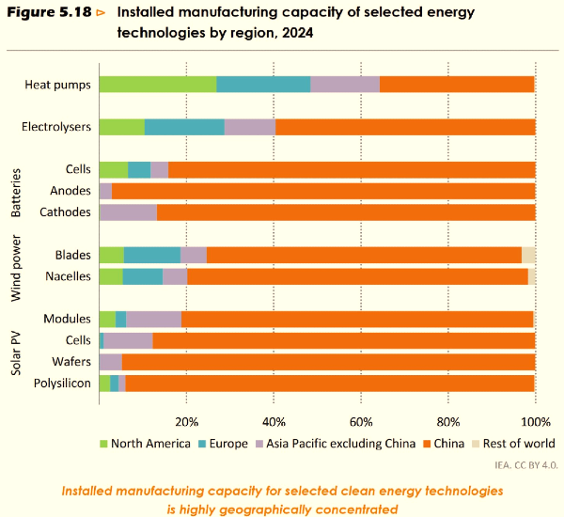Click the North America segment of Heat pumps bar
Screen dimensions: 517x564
tap(157, 84)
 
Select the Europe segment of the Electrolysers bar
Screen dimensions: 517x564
tap(184, 127)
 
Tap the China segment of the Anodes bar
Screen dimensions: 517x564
tap(323, 191)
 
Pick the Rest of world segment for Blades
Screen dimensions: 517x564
tap(528, 255)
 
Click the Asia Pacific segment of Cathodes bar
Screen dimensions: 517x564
tap(129, 212)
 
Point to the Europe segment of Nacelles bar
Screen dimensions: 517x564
tap(143, 276)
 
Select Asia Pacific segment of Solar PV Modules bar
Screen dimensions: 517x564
tap(153, 320)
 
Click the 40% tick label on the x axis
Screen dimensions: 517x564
tap(274, 420)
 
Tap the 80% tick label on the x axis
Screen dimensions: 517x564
tap(448, 420)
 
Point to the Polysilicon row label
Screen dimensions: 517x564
tap(62, 383)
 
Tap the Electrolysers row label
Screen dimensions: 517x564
tap(55, 127)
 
